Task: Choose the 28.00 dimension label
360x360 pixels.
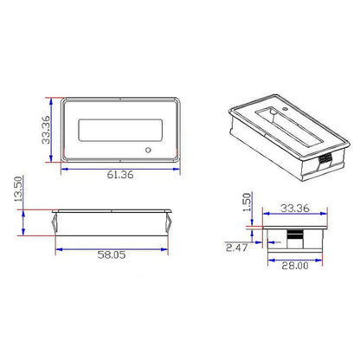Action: point(293,267)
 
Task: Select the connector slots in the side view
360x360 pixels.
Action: point(295,236)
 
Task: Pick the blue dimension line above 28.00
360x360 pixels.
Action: point(293,258)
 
